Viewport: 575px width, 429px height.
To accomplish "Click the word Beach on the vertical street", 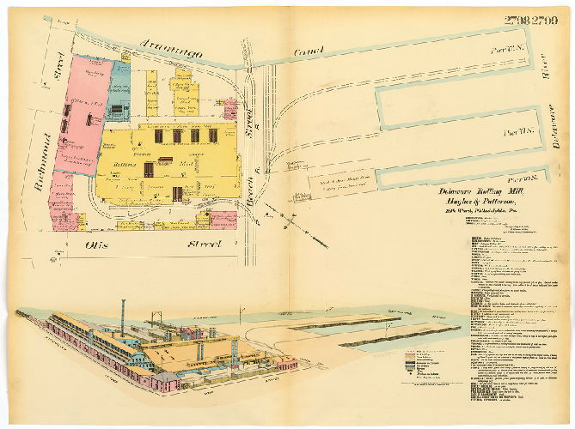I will coord(249,197).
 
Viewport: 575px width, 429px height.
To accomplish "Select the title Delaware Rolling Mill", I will coord(486,190).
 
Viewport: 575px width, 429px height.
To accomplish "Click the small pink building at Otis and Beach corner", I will coord(223,220).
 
